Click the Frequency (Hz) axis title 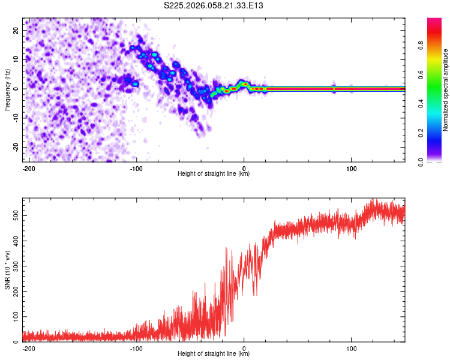click(x=7, y=89)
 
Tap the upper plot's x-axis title click(x=214, y=174)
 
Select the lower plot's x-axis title click(x=214, y=354)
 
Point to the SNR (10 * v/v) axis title click(x=7, y=270)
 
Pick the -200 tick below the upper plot click(x=28, y=168)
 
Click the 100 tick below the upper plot click(x=351, y=168)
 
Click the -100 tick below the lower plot click(x=136, y=348)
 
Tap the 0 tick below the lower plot click(x=244, y=348)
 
